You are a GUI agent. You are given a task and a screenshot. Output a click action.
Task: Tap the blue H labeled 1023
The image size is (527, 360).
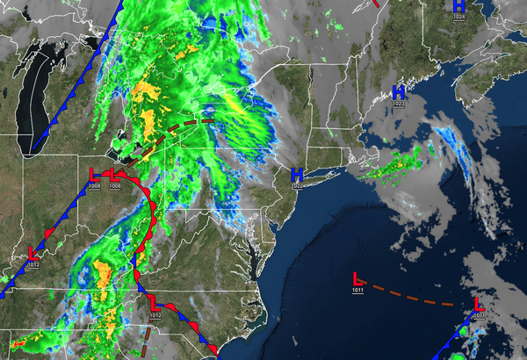click(399, 91)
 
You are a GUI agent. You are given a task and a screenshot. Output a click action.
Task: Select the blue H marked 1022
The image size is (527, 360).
click(297, 175)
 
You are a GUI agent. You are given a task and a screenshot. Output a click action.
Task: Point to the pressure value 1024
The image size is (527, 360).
click(459, 17)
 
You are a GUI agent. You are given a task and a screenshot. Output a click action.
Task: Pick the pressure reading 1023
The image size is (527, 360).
click(399, 104)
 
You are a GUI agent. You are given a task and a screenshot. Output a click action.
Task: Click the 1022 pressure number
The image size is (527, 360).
click(297, 186)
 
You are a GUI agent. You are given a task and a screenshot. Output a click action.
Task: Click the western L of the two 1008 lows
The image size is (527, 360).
click(95, 174)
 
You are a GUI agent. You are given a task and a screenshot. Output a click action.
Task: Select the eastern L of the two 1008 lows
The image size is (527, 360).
click(114, 175)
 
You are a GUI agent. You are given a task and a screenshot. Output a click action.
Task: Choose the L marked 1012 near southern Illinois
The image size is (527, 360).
click(33, 253)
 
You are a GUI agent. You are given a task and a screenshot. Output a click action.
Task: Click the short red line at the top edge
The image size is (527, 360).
click(376, 3)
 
